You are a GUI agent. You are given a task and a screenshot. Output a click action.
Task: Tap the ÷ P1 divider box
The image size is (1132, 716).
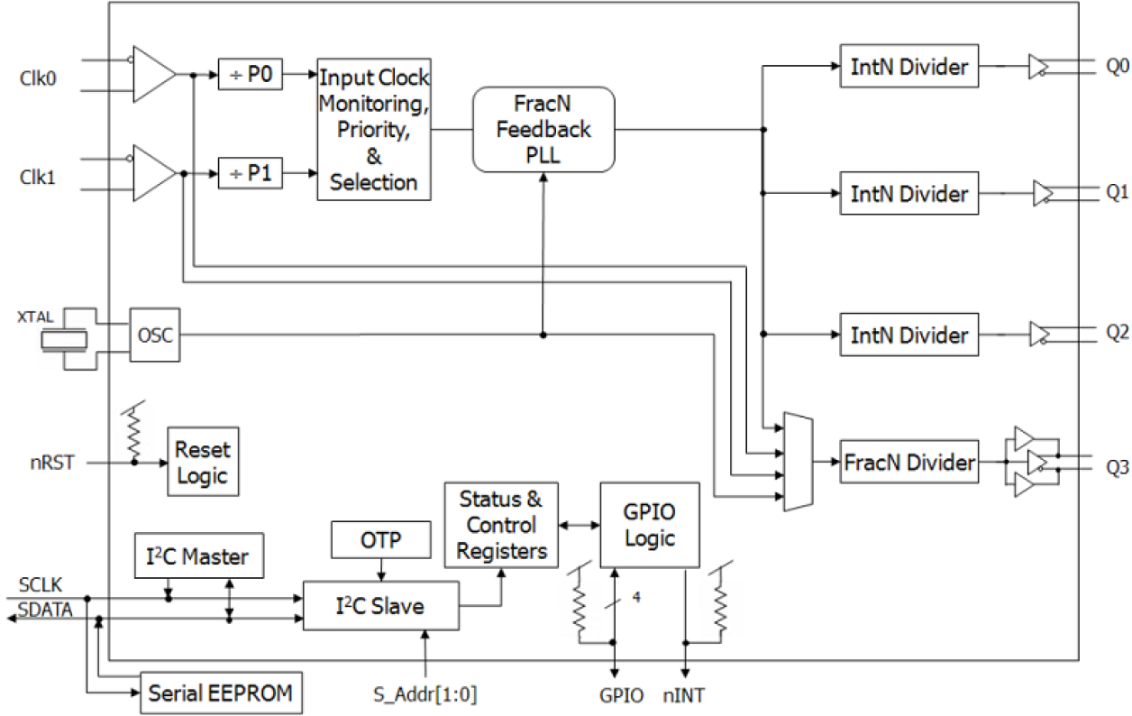point(251,174)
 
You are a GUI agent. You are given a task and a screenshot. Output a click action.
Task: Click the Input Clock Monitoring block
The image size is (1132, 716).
point(374,130)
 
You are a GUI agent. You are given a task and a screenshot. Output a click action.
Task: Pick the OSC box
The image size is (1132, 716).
point(151,335)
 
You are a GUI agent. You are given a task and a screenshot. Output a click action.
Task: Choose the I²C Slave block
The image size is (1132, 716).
point(380,606)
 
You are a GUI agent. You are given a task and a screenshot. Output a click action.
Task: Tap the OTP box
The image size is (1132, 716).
point(380,539)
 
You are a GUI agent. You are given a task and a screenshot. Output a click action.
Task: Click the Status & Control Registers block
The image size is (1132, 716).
point(501,525)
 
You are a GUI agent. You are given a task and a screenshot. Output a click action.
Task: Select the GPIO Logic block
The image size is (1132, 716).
point(651,525)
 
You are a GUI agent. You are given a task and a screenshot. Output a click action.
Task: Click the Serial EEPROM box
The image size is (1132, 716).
point(221,694)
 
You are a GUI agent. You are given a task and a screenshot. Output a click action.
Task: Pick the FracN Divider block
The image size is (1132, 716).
point(909,463)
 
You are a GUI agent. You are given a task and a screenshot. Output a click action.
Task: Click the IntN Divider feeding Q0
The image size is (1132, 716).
point(909,66)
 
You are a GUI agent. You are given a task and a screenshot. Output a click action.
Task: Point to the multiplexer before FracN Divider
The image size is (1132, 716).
point(799,463)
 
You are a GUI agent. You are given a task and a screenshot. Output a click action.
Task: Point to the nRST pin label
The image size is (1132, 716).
point(58,464)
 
